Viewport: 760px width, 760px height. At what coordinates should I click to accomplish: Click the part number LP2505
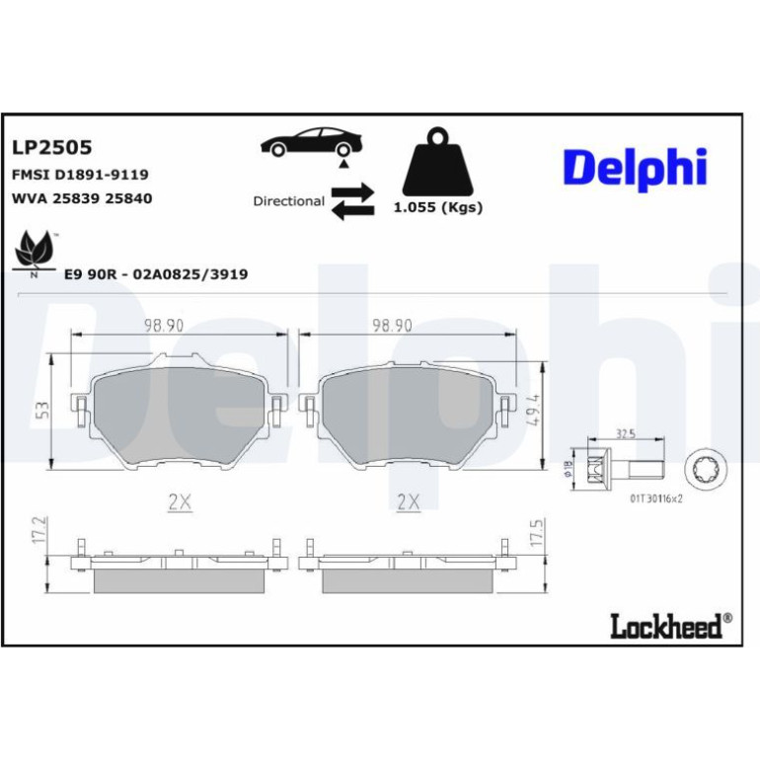point(52,147)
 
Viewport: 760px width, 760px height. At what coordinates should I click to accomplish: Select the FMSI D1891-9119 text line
point(80,175)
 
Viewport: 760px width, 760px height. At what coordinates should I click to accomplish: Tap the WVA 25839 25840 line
point(82,198)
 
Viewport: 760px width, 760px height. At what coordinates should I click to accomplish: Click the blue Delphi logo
point(635,168)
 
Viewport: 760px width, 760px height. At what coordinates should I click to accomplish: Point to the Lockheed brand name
point(671,626)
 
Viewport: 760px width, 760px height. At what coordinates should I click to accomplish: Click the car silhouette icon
point(311,142)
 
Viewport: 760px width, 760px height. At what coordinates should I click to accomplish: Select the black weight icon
point(437,162)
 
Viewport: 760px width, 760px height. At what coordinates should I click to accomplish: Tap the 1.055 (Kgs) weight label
point(438,207)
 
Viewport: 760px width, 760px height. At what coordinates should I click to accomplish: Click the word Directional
point(289,201)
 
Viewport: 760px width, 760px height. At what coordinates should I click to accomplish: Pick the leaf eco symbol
point(34,254)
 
